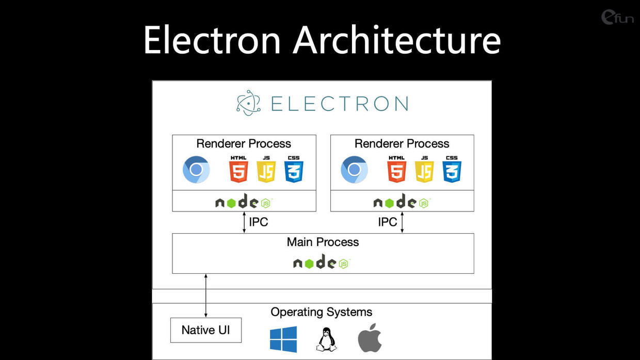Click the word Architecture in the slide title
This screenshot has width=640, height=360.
click(x=397, y=39)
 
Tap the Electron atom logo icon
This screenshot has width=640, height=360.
click(x=248, y=103)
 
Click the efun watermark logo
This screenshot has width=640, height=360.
click(x=617, y=17)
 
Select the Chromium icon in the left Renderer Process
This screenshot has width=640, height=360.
click(x=196, y=169)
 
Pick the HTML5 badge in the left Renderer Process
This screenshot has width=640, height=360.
click(x=238, y=169)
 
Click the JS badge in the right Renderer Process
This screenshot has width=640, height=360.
click(x=424, y=169)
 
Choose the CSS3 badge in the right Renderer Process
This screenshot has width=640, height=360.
click(x=452, y=169)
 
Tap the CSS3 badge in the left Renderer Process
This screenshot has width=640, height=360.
click(x=294, y=169)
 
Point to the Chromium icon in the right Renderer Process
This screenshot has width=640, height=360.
click(x=354, y=169)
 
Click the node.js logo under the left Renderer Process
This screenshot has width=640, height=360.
click(x=244, y=201)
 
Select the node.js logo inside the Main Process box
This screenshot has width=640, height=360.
click(x=322, y=261)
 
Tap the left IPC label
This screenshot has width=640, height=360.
click(x=258, y=222)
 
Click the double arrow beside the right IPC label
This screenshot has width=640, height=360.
click(x=402, y=222)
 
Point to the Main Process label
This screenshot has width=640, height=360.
click(x=323, y=242)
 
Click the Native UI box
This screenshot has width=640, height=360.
click(x=206, y=330)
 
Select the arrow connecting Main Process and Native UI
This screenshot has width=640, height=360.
click(x=206, y=296)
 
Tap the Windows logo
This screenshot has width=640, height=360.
click(x=283, y=339)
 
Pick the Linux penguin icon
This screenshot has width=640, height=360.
click(x=327, y=339)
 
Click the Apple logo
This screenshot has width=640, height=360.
click(x=370, y=338)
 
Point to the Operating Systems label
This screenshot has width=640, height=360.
click(x=322, y=312)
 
